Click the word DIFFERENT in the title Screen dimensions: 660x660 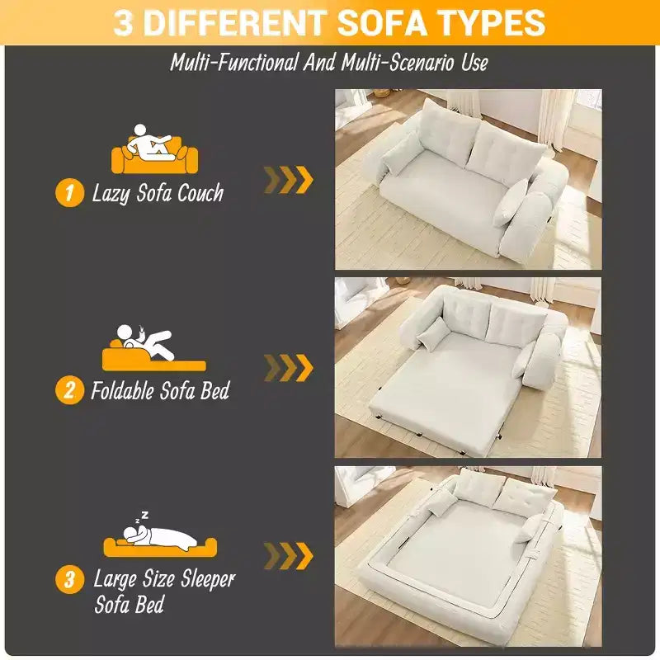click(236, 22)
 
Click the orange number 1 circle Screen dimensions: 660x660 click(69, 193)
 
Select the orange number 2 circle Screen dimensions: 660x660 click(69, 389)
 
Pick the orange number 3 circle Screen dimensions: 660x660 click(69, 580)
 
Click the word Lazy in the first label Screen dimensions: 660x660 click(111, 194)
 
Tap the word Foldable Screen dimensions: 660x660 click(122, 390)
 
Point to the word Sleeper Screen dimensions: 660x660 click(208, 579)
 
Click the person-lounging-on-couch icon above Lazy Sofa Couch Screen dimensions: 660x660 click(154, 148)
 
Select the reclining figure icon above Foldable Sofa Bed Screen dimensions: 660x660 click(154, 348)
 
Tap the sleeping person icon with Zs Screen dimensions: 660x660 click(160, 534)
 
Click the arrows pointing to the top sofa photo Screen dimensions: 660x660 click(288, 180)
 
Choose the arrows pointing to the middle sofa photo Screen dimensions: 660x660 click(288, 368)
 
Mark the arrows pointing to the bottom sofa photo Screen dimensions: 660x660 click(288, 556)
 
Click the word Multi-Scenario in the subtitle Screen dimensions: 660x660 click(398, 63)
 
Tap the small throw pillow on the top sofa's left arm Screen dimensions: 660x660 click(402, 153)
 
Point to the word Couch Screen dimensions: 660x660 click(200, 193)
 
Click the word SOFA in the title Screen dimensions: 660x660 click(383, 22)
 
